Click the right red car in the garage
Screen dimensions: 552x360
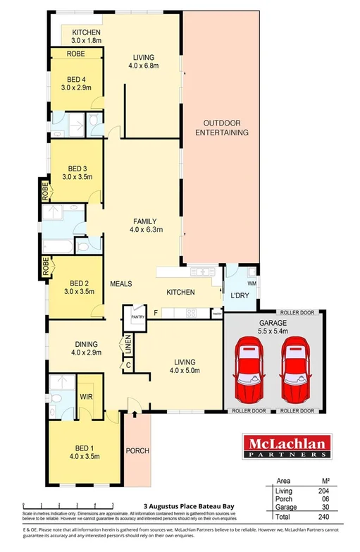[295, 369]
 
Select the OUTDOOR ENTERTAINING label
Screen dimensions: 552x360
[222, 127]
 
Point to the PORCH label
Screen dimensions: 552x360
[137, 451]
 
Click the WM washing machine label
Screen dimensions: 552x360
[251, 283]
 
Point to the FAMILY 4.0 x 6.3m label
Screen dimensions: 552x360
[146, 225]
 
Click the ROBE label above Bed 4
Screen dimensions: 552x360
[76, 54]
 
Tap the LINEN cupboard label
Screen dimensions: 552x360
[129, 346]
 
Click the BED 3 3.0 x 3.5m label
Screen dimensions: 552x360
[77, 173]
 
